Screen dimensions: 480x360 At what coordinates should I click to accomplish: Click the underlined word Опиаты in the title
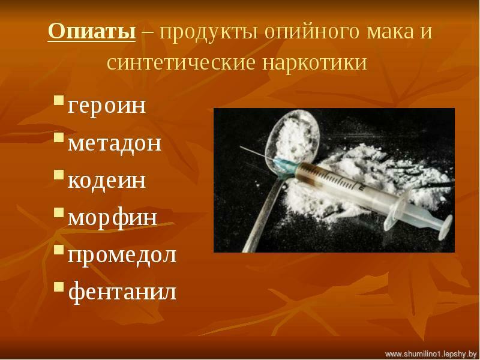coord(92,32)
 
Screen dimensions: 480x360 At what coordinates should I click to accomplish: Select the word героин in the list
coord(107,106)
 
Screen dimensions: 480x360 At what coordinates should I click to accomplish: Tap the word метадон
coord(115,143)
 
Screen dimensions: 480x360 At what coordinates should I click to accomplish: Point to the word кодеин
coord(107,181)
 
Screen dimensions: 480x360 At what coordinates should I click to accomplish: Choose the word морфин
coord(112,218)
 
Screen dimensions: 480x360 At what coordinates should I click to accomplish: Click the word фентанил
coord(122,292)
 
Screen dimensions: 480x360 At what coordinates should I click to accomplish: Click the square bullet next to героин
coord(59,100)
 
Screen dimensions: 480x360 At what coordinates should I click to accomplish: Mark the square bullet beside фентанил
coord(59,287)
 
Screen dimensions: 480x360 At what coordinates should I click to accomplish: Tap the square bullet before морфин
coord(59,212)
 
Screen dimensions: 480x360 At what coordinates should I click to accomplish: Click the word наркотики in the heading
coord(314,64)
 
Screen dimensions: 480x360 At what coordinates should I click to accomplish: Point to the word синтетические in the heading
coord(181,64)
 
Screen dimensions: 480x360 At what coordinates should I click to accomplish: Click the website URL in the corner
coord(431,354)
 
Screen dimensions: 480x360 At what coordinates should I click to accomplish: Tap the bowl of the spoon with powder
coord(292,138)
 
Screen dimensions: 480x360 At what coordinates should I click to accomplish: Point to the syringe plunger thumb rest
coord(445,227)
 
